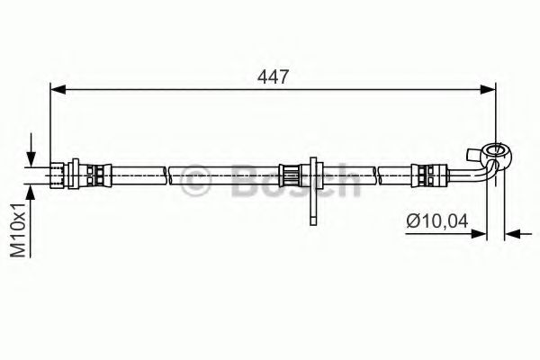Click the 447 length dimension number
(273, 77)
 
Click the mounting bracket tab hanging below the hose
(311, 202)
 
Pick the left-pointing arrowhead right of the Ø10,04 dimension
(510, 234)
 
